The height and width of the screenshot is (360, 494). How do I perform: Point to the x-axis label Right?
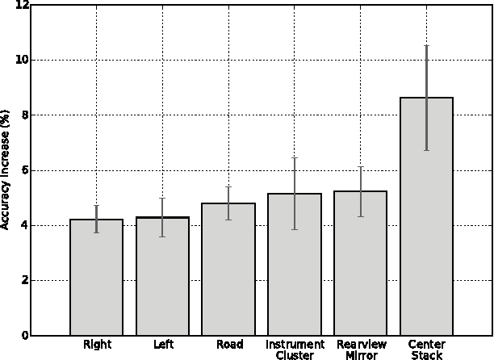97,345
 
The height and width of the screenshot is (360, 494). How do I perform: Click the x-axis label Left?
162,345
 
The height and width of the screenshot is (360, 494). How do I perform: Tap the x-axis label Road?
228,345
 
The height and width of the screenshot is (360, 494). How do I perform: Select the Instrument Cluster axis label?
295,350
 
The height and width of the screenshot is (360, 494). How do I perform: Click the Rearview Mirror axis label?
360,350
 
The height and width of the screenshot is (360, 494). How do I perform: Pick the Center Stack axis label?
426,350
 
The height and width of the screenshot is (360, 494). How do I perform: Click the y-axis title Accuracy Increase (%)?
6,170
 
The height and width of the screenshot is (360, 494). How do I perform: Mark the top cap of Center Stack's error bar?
426,46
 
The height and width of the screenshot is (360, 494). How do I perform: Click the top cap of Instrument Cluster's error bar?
295,158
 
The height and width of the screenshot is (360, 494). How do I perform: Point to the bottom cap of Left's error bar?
162,237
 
